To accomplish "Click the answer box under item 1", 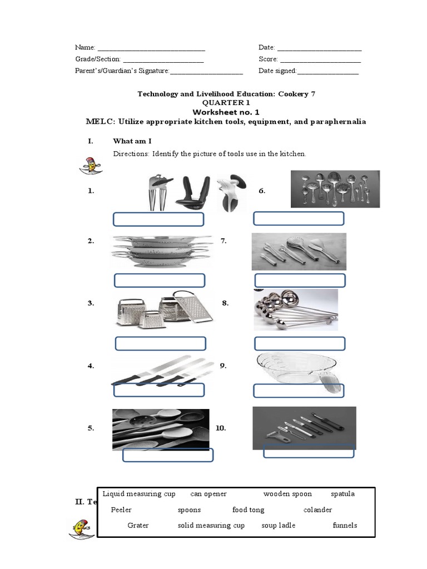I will (x=158, y=219).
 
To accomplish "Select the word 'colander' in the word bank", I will (x=317, y=510).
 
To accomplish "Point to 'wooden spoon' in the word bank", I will (x=287, y=493).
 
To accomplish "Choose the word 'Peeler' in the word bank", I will (x=121, y=510).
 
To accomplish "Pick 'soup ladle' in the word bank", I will (x=278, y=525).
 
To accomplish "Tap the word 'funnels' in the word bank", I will (x=345, y=525).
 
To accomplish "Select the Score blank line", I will (x=320, y=59).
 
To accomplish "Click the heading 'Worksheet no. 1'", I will (x=226, y=112).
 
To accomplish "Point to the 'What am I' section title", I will (x=132, y=141).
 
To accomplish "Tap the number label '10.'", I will (x=221, y=428).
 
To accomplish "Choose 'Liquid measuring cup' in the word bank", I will (x=139, y=493).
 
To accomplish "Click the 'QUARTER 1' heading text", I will (x=226, y=103).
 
